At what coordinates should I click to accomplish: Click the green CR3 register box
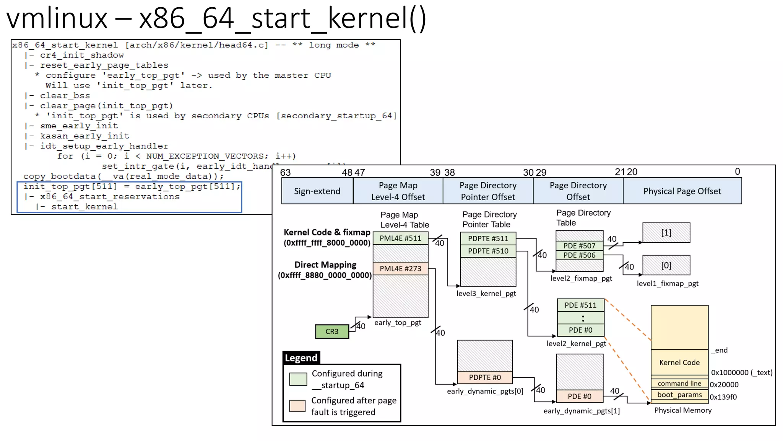pyautogui.click(x=332, y=332)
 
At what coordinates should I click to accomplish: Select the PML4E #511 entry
pyautogui.click(x=400, y=238)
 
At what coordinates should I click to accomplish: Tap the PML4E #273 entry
pyautogui.click(x=400, y=268)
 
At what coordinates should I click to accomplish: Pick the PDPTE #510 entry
pyautogui.click(x=488, y=251)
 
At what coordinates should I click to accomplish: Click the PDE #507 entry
pyautogui.click(x=579, y=246)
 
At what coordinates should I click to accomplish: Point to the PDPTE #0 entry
pyautogui.click(x=485, y=377)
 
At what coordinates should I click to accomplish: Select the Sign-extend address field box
pyautogui.click(x=317, y=191)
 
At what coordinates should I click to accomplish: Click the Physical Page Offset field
pyautogui.click(x=682, y=191)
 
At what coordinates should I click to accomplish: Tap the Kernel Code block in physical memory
pyautogui.click(x=679, y=362)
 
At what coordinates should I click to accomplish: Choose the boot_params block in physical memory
pyautogui.click(x=679, y=395)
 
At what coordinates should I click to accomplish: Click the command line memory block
pyautogui.click(x=679, y=383)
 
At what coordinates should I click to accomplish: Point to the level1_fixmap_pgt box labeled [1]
pyautogui.click(x=666, y=233)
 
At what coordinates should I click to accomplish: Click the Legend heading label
pyautogui.click(x=301, y=358)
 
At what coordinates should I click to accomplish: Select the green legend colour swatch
pyautogui.click(x=298, y=379)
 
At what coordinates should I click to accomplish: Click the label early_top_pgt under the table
pyautogui.click(x=398, y=323)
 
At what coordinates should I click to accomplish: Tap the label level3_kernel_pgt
pyautogui.click(x=486, y=294)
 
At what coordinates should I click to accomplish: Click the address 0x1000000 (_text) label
pyautogui.click(x=741, y=372)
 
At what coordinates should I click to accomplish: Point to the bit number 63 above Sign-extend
pyautogui.click(x=285, y=172)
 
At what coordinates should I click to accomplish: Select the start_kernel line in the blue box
pyautogui.click(x=84, y=207)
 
